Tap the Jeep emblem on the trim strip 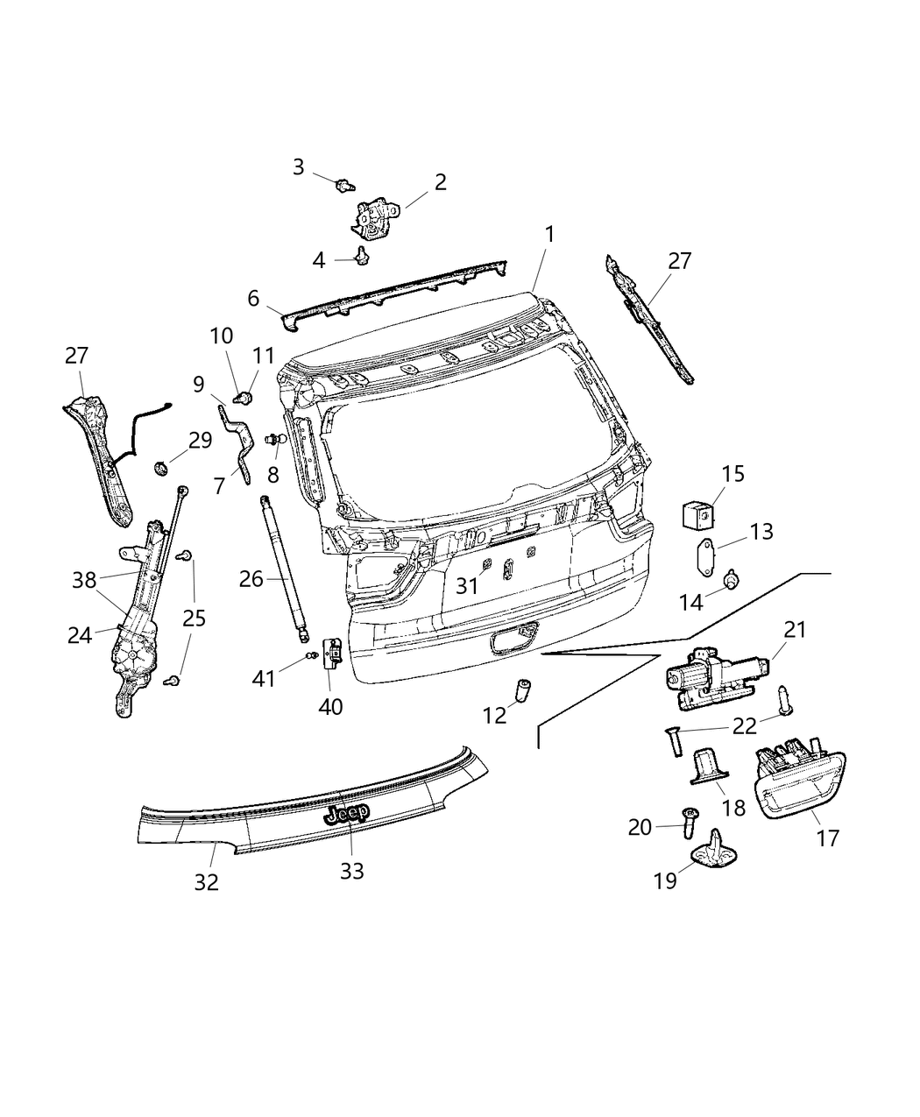click(x=347, y=814)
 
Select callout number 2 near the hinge click(x=440, y=182)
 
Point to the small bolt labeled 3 click(x=344, y=184)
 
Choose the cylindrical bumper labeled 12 click(x=525, y=691)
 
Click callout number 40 click(x=330, y=705)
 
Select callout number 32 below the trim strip click(x=206, y=881)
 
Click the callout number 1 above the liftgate click(x=549, y=235)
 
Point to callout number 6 click(x=253, y=299)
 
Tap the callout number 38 click(x=84, y=579)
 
